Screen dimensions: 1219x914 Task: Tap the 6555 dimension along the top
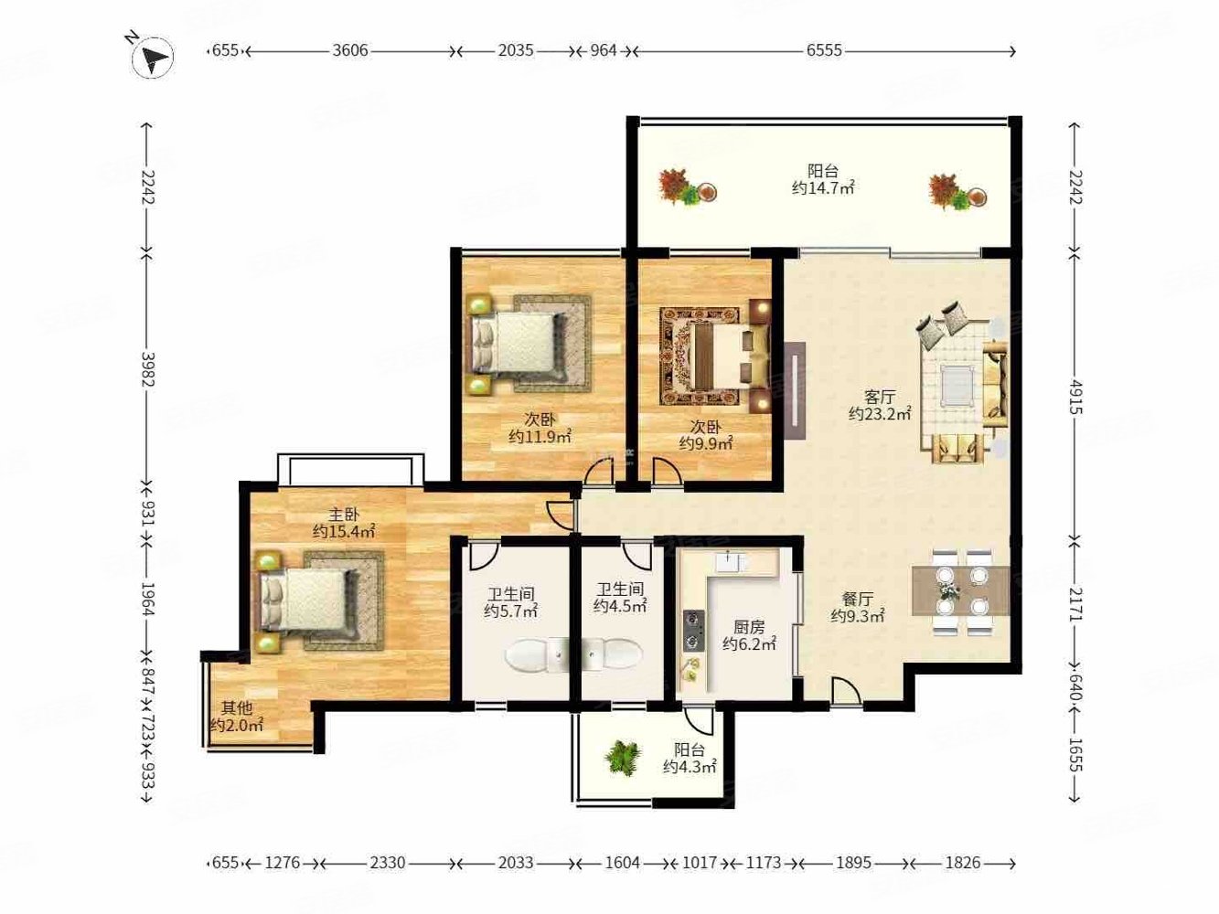point(824,51)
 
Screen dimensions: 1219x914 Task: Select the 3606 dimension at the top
point(350,51)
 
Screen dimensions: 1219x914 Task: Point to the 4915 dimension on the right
point(1075,397)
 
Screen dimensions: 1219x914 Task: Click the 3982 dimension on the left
point(147,368)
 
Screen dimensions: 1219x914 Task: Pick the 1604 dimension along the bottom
point(622,863)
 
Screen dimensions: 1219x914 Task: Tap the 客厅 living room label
point(880,397)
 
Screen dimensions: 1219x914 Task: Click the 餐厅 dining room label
point(858,599)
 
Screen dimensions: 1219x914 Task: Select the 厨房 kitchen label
point(749,628)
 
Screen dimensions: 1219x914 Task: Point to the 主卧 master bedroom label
point(344,515)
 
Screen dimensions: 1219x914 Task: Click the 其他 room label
point(237,707)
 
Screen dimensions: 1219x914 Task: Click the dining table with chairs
point(960,591)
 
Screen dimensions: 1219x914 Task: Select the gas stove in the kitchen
point(694,631)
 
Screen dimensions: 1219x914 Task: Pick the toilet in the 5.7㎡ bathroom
point(537,654)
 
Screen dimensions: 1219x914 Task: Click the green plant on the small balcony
point(623,758)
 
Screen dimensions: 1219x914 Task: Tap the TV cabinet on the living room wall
point(796,390)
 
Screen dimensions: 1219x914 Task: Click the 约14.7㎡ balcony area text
point(823,187)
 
